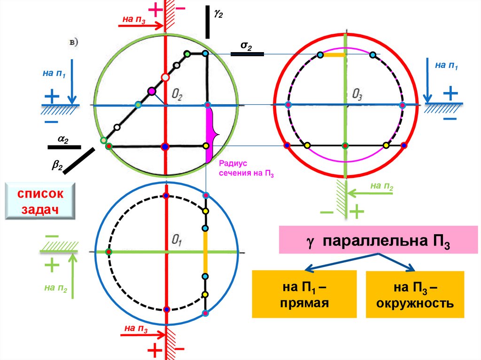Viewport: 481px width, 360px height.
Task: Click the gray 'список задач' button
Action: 40,201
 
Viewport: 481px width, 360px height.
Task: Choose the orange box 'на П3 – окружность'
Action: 414,294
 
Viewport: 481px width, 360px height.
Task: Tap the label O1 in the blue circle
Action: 177,242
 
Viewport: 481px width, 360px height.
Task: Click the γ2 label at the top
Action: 218,14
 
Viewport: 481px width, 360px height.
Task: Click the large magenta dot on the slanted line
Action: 151,91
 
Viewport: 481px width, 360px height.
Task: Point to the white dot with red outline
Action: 164,77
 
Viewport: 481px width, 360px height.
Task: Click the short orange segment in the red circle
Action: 335,55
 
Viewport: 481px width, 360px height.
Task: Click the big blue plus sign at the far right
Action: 450,94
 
